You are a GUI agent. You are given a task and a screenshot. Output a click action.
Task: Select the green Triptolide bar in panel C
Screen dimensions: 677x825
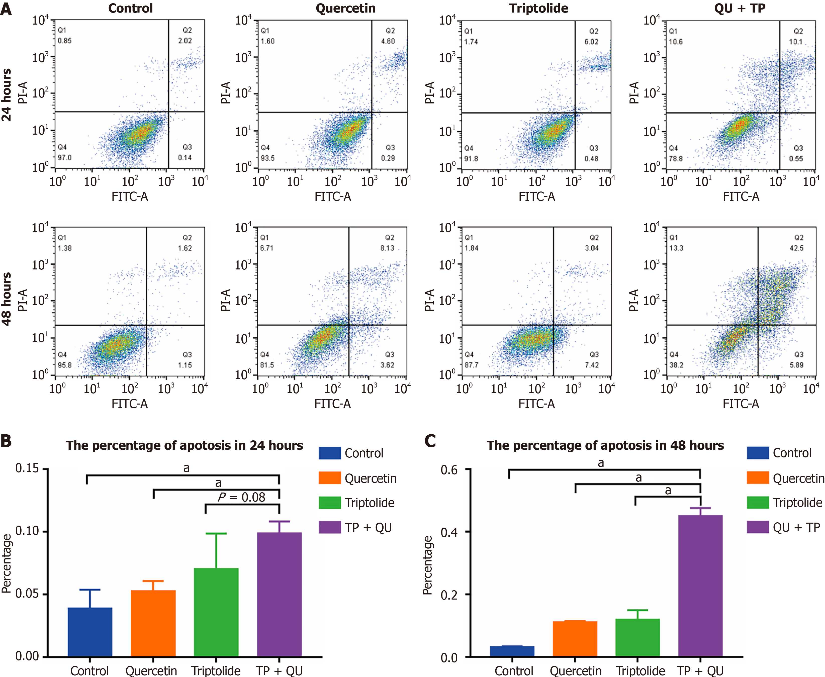637,638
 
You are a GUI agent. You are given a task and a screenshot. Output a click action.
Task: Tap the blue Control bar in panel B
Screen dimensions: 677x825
90,632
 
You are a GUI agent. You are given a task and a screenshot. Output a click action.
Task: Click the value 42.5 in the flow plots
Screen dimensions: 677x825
796,248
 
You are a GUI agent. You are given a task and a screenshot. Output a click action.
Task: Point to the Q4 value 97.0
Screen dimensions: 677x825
65,158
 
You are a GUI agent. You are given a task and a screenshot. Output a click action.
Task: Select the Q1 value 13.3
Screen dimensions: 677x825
676,248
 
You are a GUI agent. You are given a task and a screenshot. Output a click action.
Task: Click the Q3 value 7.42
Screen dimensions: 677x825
591,365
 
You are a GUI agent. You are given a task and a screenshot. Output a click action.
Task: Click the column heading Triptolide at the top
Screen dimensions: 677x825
538,8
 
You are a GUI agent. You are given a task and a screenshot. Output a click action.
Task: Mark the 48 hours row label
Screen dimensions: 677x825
7,299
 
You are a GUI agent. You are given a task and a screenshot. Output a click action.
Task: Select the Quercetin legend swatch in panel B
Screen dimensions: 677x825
330,478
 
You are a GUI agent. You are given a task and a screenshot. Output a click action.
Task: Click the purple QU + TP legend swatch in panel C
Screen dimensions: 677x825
758,527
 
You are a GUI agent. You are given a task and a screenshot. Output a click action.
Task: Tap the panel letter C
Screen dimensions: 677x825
430,441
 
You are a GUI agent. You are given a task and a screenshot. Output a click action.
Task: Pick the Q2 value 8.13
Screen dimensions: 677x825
387,248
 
